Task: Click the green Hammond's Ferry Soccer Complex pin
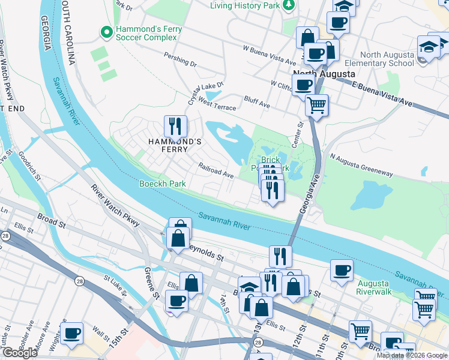tap(107, 32)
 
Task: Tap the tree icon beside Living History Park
tap(289, 5)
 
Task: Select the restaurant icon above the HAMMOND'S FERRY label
tap(175, 125)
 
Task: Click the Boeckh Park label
tap(162, 184)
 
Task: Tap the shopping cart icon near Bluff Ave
tap(316, 106)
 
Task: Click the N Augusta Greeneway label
tap(361, 164)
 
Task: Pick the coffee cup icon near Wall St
tap(72, 334)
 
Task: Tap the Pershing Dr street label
tap(180, 59)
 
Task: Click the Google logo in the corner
tap(20, 353)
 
